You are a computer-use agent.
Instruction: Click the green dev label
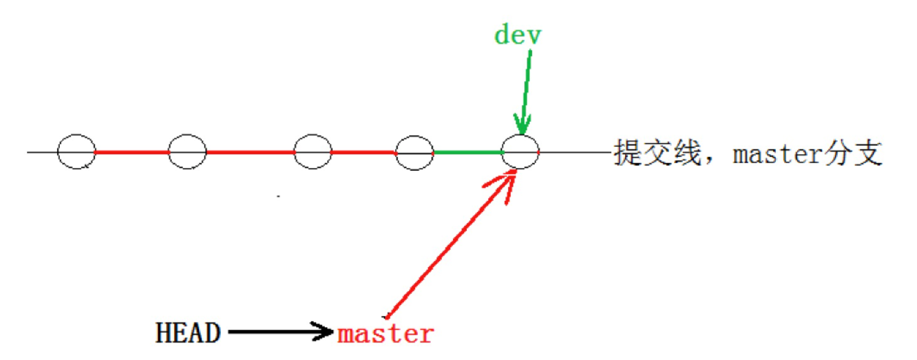click(x=518, y=35)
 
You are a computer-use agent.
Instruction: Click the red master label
click(x=386, y=334)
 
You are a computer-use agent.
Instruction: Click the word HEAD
click(x=188, y=334)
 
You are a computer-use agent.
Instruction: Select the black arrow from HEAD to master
click(x=279, y=332)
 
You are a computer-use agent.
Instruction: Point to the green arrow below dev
click(x=526, y=89)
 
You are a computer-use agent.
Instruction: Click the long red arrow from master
click(x=447, y=248)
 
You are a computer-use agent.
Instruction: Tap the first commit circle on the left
click(x=76, y=151)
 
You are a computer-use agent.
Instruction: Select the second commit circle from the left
click(x=187, y=151)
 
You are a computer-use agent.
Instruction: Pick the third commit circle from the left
click(x=313, y=151)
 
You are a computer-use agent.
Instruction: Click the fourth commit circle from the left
click(x=414, y=151)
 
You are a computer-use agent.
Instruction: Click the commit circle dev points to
click(x=520, y=151)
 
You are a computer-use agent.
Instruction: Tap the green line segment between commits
click(x=467, y=151)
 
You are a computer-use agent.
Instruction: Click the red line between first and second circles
click(x=131, y=151)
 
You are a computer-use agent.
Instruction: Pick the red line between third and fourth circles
click(x=363, y=151)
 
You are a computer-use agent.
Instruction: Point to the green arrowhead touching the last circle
click(x=521, y=125)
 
